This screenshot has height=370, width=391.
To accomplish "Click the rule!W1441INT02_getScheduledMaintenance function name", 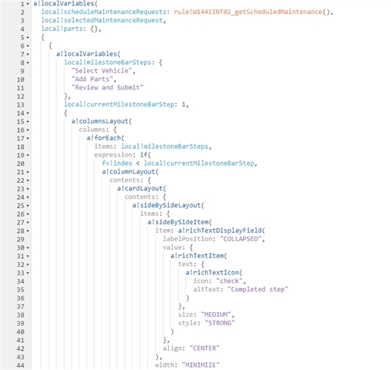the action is click(x=248, y=12).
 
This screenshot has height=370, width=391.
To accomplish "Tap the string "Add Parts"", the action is click(x=92, y=79).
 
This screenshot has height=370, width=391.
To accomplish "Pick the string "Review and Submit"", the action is click(x=107, y=88).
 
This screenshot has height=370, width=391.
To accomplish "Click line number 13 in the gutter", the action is click(x=21, y=105).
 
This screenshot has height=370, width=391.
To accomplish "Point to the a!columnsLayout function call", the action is click(x=102, y=121).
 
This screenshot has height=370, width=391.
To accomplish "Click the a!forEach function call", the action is click(x=106, y=138).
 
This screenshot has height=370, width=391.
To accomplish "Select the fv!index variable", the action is click(x=117, y=163).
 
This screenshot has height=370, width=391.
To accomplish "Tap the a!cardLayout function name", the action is click(x=140, y=189).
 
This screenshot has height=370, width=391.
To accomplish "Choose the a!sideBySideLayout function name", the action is click(x=167, y=205).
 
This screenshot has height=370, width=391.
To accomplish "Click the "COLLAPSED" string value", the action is click(x=241, y=239).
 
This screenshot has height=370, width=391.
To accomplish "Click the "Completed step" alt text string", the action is click(x=258, y=290).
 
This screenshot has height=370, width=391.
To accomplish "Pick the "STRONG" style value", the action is click(x=220, y=323).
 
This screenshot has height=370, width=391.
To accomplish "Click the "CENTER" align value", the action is click(x=204, y=348).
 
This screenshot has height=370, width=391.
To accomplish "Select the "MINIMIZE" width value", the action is click(x=201, y=365).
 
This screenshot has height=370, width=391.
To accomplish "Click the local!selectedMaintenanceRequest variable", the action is click(x=102, y=20).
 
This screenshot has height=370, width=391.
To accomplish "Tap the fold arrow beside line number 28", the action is click(x=28, y=231).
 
